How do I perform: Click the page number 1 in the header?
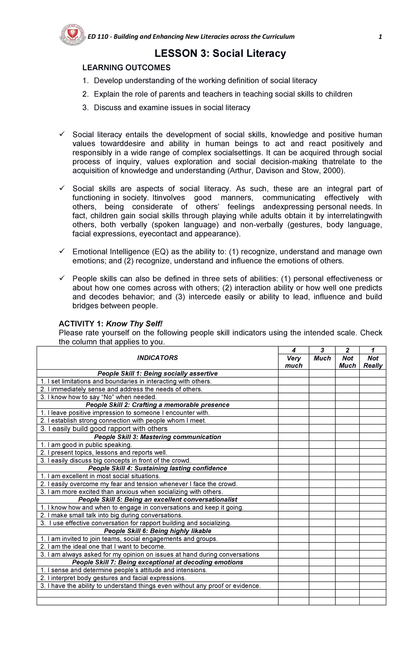380,37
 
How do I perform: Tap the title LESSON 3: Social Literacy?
220,54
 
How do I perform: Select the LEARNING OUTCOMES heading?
126,68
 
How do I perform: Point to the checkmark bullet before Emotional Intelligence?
62,251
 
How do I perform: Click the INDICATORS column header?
157,358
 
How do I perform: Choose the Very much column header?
293,362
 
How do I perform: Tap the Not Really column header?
373,362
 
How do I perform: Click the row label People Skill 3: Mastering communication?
157,437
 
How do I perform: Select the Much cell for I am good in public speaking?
322,445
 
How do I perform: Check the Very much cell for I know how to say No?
293,397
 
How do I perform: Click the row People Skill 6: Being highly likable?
157,531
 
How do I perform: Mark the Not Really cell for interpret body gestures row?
373,578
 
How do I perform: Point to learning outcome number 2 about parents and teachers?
223,94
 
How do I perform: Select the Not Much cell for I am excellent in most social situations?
347,476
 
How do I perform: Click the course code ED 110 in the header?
98,37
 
